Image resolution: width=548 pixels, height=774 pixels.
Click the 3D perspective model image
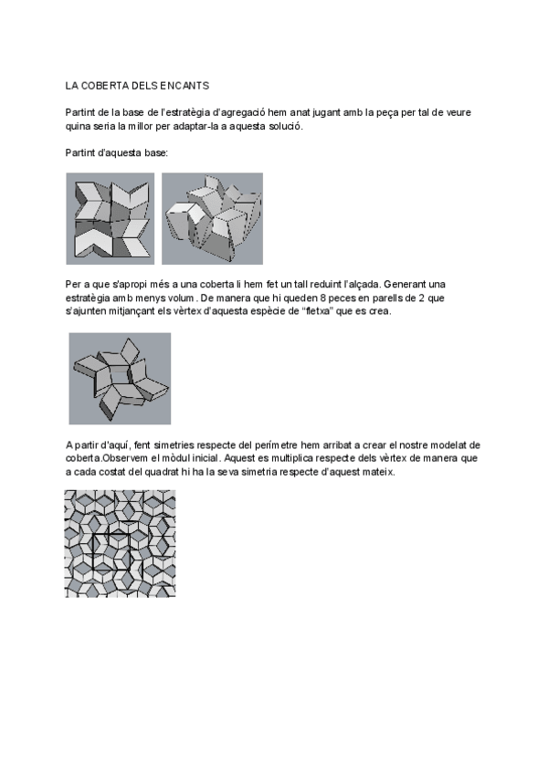[x=212, y=219]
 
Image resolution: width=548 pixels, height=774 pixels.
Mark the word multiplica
[x=290, y=458]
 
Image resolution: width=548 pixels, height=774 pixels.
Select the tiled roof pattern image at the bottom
[x=120, y=544]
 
